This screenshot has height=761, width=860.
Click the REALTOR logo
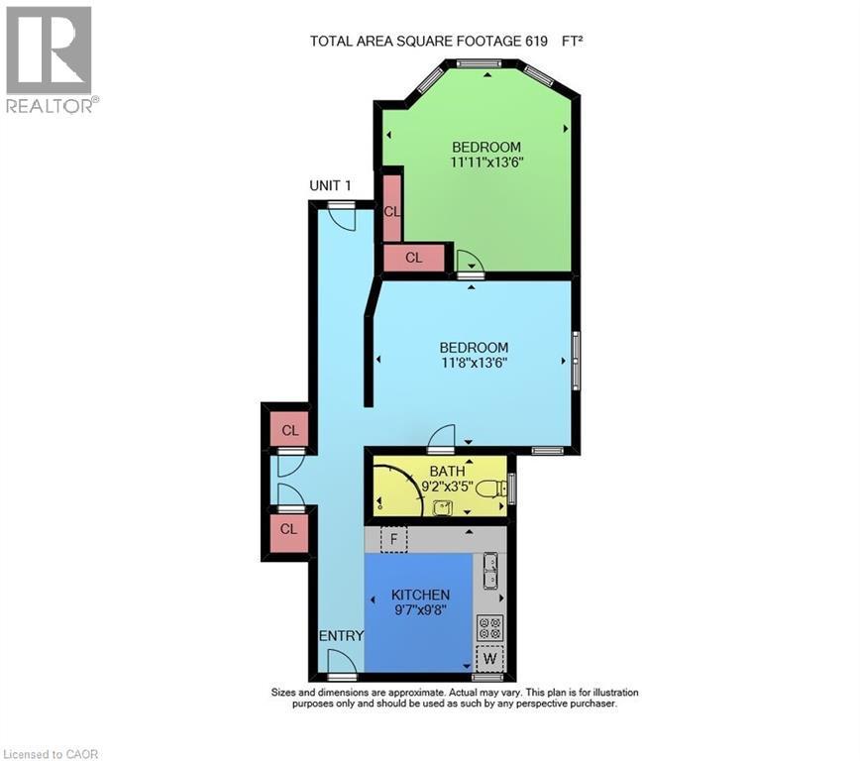pos(49,58)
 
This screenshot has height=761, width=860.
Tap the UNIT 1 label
pos(330,186)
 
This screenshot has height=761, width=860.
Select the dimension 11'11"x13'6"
pos(484,162)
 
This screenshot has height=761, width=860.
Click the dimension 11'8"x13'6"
pos(474,363)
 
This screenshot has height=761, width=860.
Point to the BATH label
pos(447,471)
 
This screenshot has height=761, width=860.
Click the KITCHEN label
pos(419,595)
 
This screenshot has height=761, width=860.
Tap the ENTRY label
pos(340,636)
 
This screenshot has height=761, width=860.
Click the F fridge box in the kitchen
pos(393,540)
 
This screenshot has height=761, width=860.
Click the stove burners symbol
pos(490,627)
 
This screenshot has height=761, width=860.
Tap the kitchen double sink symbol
pos(490,572)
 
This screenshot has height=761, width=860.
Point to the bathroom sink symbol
pos(441,508)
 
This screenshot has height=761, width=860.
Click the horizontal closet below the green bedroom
pos(413,258)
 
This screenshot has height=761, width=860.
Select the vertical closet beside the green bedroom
pos(392,210)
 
